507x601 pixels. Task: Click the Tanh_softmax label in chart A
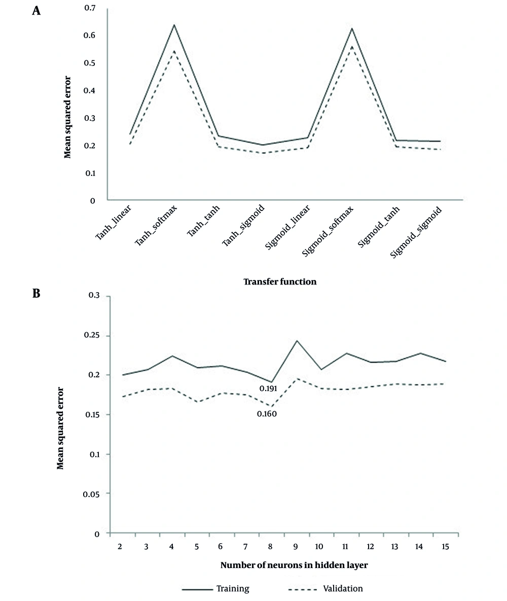tap(156, 225)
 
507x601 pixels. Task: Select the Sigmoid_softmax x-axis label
tap(328, 231)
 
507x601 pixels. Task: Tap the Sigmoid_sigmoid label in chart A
tap(416, 232)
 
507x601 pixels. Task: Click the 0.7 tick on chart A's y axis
tap(90, 8)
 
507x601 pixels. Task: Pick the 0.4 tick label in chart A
tap(90, 90)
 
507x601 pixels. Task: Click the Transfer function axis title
tap(280, 281)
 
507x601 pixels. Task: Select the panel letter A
tap(37, 11)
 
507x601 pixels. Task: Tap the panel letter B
tap(37, 293)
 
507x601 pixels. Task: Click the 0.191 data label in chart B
tap(268, 388)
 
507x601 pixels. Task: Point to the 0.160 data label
tap(267, 414)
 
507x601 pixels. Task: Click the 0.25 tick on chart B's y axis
tap(92, 335)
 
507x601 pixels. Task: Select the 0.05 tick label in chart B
tap(91, 494)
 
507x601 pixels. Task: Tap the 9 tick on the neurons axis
tap(296, 547)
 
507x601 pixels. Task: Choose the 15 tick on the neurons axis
tap(445, 547)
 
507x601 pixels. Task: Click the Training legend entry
tap(216, 589)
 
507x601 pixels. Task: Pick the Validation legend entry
tap(325, 589)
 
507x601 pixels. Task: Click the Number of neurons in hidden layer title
tap(294, 565)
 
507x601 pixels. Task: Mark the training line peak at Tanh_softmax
tap(174, 25)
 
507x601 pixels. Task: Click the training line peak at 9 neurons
tap(296, 340)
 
